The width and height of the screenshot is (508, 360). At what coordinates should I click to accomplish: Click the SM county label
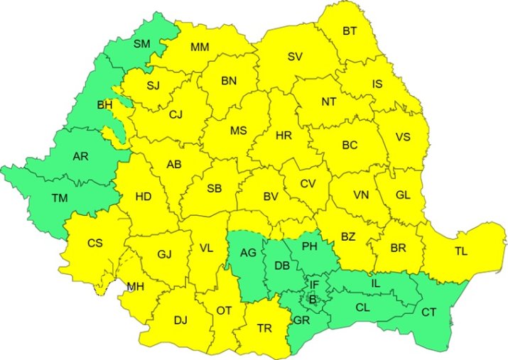coord(142,44)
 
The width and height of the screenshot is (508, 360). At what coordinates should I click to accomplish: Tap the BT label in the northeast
coord(350,31)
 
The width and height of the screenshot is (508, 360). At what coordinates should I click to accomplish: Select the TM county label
coord(60,199)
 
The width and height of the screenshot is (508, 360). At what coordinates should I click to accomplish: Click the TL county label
coord(461,251)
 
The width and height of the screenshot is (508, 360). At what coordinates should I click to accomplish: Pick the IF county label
coord(314,285)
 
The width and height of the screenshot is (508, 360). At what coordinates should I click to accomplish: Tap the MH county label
coord(135,287)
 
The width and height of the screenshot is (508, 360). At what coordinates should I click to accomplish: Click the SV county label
coord(295,57)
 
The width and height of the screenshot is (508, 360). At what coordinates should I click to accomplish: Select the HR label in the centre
coord(283,135)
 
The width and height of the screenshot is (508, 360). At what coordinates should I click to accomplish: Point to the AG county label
coord(247,252)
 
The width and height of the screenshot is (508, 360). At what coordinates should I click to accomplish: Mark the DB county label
coord(281,266)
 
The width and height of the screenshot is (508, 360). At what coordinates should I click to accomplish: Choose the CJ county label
coord(176,114)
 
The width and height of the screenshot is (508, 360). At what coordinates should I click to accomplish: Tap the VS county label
coord(402,137)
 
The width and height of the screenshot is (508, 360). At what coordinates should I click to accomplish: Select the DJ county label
coord(180,320)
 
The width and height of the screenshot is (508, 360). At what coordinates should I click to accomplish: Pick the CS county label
coord(95,243)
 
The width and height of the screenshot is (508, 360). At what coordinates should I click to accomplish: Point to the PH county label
coord(309,247)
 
